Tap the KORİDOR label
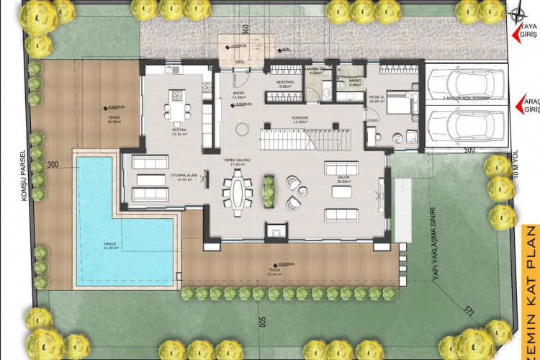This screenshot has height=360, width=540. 300,119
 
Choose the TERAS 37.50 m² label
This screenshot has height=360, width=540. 274,272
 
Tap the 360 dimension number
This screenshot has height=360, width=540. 245,30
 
